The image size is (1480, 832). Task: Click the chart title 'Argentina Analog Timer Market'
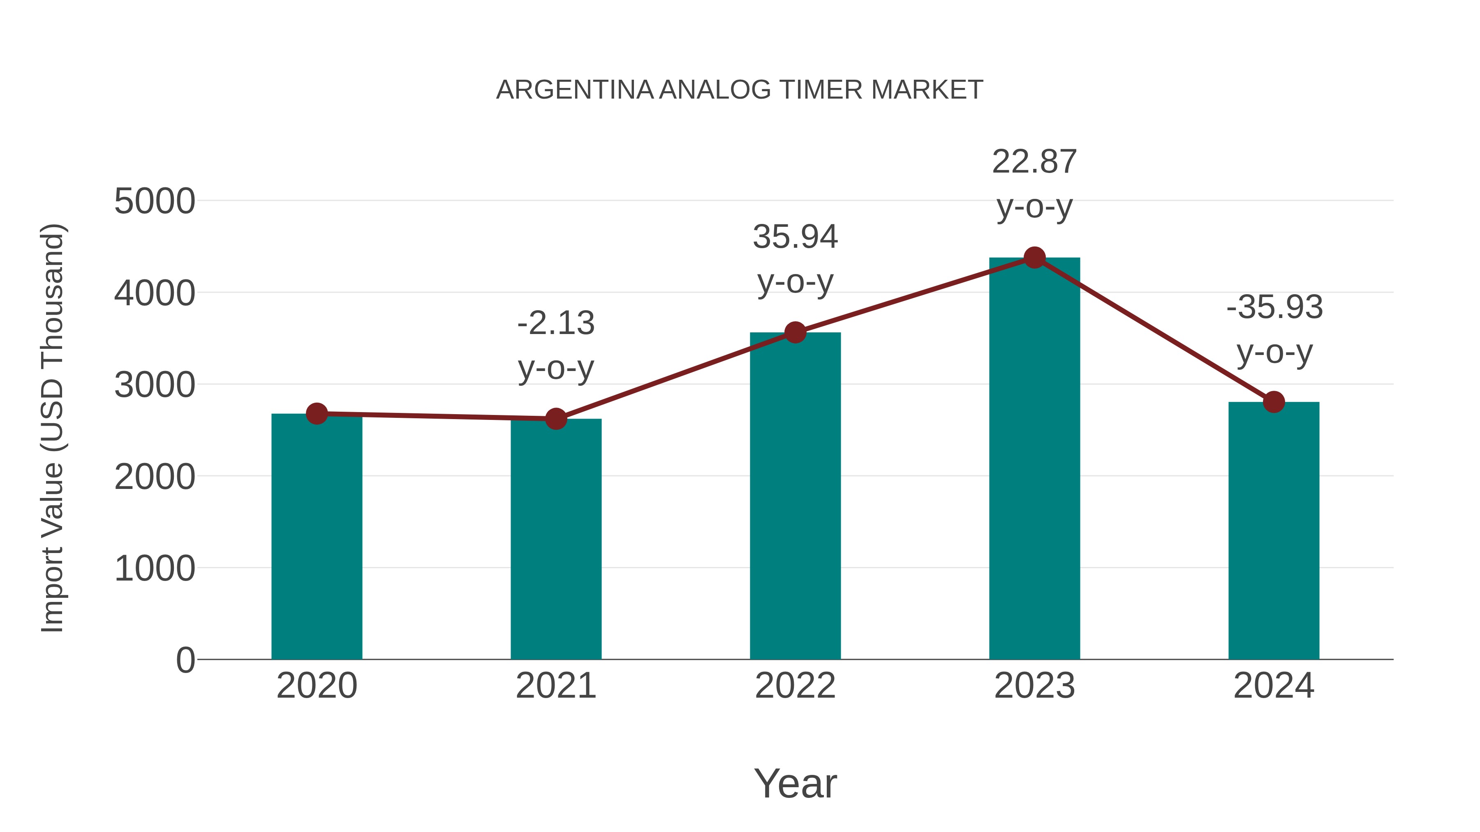(x=740, y=90)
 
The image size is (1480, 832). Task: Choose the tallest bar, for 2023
(x=1034, y=459)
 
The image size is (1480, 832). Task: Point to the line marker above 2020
(x=317, y=413)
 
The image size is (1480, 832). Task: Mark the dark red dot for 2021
(x=555, y=419)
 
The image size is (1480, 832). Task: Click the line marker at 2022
(x=795, y=332)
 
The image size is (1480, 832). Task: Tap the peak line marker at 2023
(x=1034, y=258)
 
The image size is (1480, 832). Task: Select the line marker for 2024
(x=1274, y=402)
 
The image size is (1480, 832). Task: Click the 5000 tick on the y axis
(x=155, y=202)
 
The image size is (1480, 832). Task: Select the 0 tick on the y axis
(x=185, y=660)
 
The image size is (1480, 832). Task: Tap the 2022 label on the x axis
(x=795, y=686)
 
